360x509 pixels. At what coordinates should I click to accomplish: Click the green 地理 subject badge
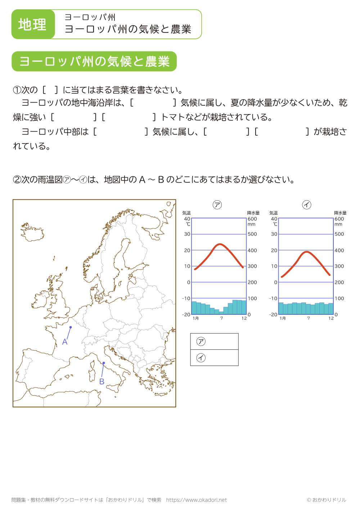33,24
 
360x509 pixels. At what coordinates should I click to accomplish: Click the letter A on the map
65,342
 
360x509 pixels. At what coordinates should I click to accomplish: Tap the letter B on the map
102,382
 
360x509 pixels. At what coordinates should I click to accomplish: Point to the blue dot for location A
71,327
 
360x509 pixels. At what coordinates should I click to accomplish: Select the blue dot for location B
104,363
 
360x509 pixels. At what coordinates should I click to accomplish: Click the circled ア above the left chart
217,205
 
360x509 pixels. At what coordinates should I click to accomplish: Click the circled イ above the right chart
306,205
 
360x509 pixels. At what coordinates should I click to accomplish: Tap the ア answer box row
214,341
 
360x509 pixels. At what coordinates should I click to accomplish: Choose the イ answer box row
214,358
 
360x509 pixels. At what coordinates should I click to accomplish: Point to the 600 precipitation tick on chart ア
252,219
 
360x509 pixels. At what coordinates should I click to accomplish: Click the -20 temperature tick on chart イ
273,314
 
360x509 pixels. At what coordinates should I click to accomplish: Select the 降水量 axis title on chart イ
340,213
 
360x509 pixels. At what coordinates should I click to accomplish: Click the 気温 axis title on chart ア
186,213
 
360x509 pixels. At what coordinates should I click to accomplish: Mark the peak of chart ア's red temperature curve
220,244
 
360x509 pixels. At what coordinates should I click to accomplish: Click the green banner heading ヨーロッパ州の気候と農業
94,62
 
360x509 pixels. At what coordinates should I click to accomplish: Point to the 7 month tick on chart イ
309,318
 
